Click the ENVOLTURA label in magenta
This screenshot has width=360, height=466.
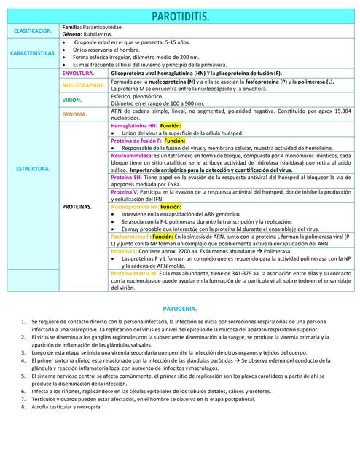[x=79, y=74]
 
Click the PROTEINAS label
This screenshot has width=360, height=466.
[x=78, y=207]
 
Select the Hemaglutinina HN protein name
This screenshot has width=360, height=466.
[x=133, y=126]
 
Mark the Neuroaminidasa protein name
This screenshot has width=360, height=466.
[x=131, y=157]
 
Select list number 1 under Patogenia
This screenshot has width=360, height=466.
[x=24, y=321]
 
